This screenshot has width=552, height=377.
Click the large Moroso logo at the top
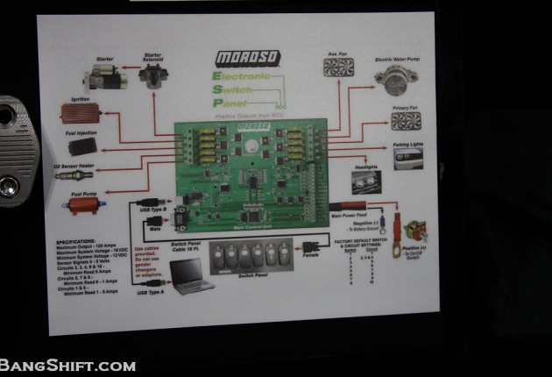click(248, 58)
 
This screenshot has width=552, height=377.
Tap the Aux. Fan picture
click(337, 66)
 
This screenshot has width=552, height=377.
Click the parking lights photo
click(408, 157)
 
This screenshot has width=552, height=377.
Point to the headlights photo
click(366, 181)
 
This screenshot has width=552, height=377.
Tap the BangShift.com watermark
click(67, 365)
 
